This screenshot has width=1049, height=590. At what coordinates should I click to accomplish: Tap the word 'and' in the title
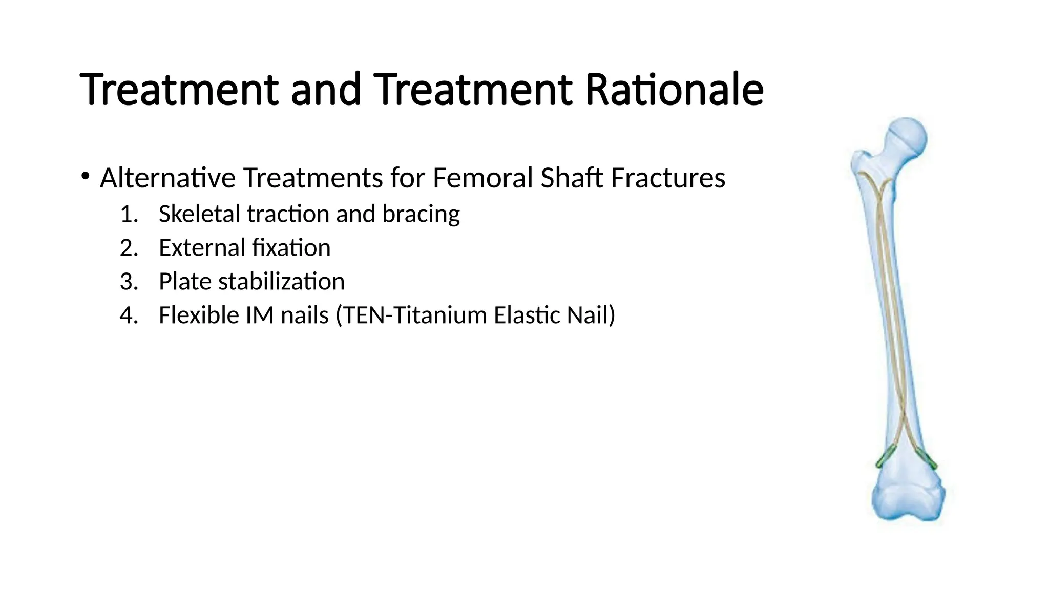point(326,90)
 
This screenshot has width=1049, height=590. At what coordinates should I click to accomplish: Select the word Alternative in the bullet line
point(167,178)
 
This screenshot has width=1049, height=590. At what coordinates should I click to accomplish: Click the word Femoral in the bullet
point(482,178)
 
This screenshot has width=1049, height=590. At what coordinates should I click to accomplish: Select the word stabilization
point(282,282)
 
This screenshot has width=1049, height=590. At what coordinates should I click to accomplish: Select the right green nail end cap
point(927,457)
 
